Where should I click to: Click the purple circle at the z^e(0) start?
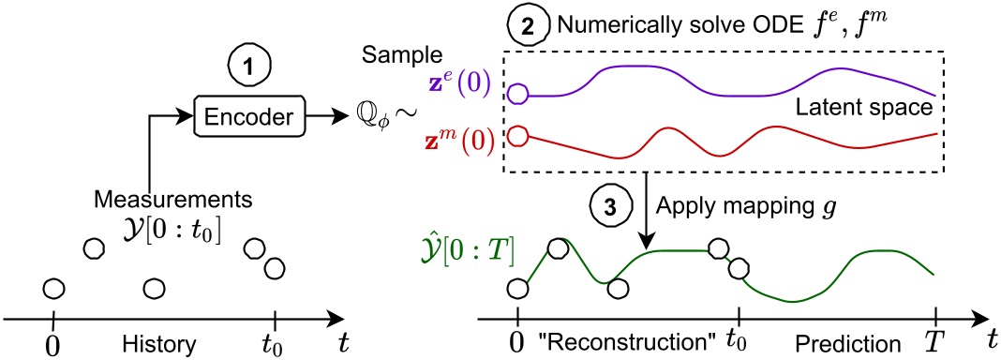tap(517, 93)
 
